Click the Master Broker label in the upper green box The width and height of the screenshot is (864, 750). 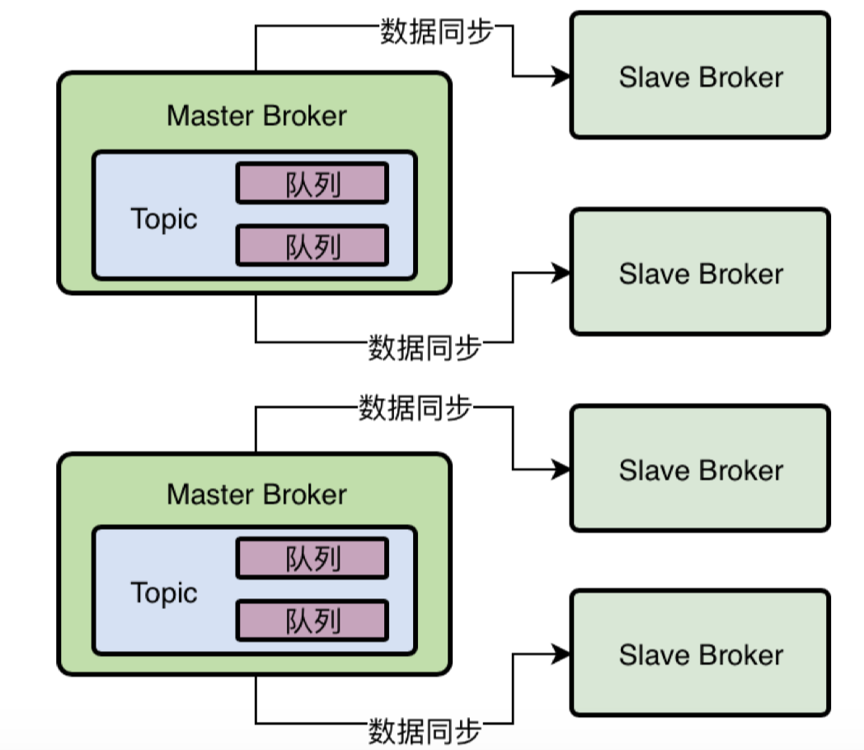(256, 115)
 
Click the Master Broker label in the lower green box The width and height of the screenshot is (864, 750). (256, 495)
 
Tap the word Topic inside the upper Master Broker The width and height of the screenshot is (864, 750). (164, 219)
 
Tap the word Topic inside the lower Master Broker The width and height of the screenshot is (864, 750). (164, 593)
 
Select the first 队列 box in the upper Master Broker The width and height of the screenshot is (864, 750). (312, 183)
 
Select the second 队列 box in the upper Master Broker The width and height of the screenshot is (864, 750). (312, 246)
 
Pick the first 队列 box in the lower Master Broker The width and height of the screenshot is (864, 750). (312, 559)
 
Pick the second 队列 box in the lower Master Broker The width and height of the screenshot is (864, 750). (312, 621)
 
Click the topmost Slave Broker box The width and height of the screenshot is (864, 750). (700, 76)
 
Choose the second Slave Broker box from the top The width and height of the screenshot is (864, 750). (700, 272)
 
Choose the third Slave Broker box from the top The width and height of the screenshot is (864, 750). (700, 469)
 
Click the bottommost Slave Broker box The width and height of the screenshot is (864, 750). (700, 654)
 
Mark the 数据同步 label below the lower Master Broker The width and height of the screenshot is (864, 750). (425, 730)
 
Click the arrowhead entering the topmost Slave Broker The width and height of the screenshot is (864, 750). (562, 77)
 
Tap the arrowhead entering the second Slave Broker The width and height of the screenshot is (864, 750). (562, 272)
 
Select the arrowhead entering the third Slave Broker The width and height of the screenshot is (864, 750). (562, 470)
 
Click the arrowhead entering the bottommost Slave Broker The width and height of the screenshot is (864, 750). (562, 654)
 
